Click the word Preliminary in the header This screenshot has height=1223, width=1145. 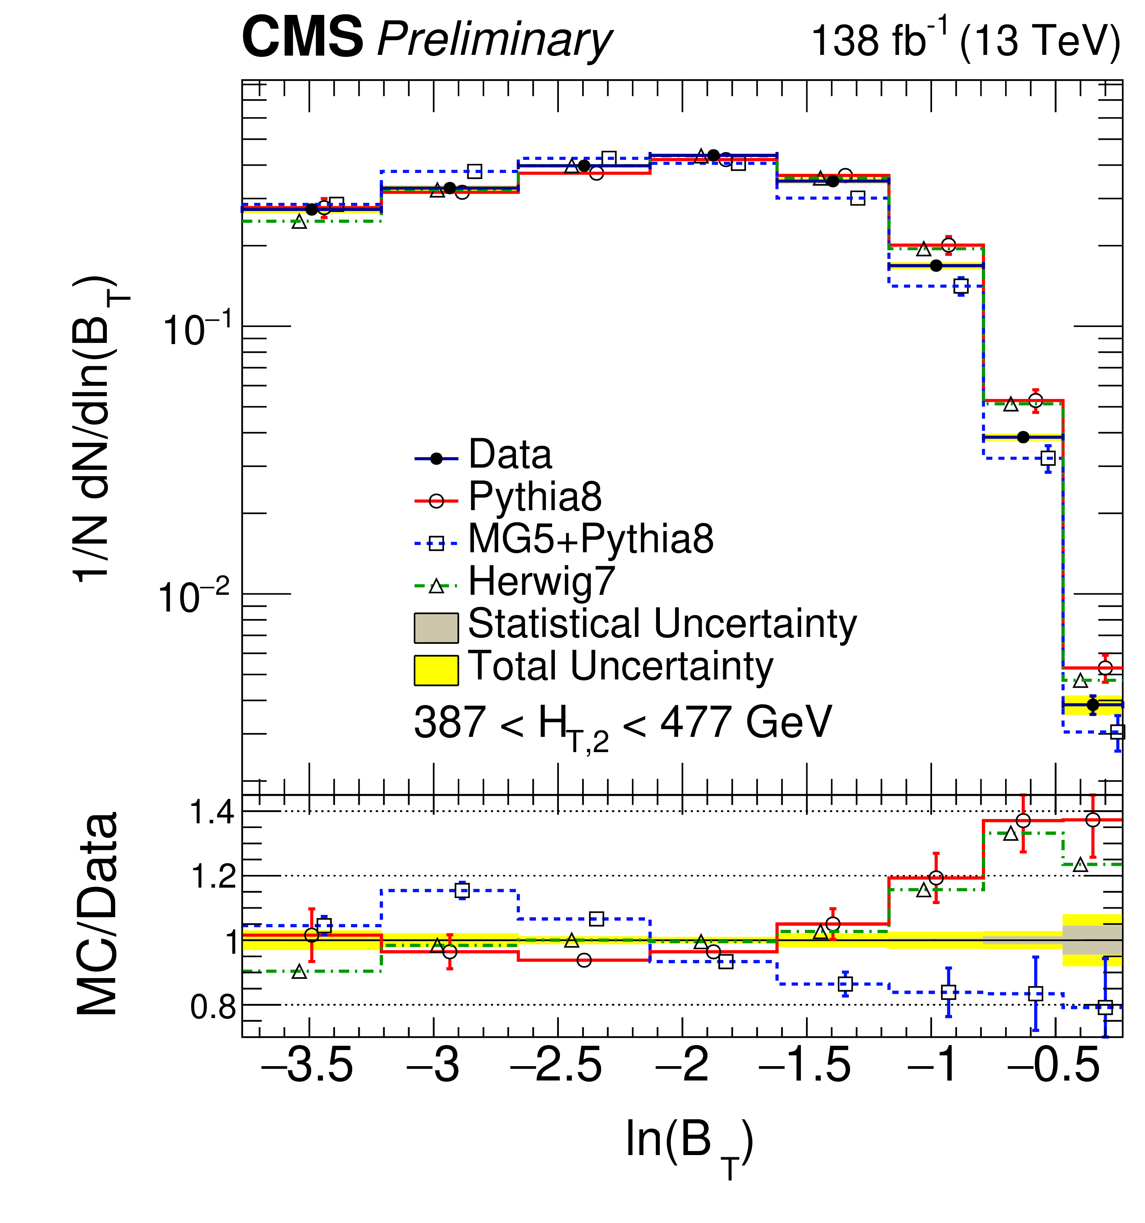pyautogui.click(x=494, y=40)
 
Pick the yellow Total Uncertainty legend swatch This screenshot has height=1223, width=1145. pyautogui.click(x=436, y=670)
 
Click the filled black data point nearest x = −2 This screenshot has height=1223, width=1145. pyautogui.click(x=713, y=155)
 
